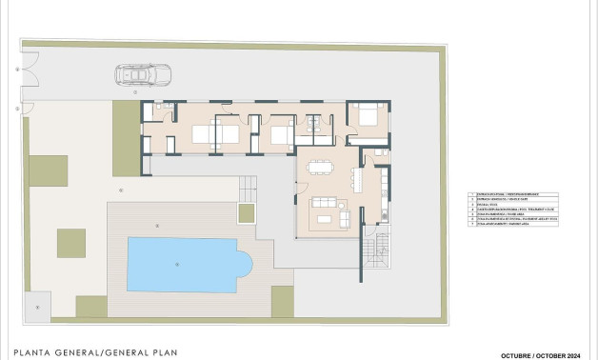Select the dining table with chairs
(x=320, y=168)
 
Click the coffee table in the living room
(x=325, y=218)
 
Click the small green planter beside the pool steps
(x=247, y=212)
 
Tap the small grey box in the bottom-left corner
(x=37, y=307)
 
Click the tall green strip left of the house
(x=126, y=138)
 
